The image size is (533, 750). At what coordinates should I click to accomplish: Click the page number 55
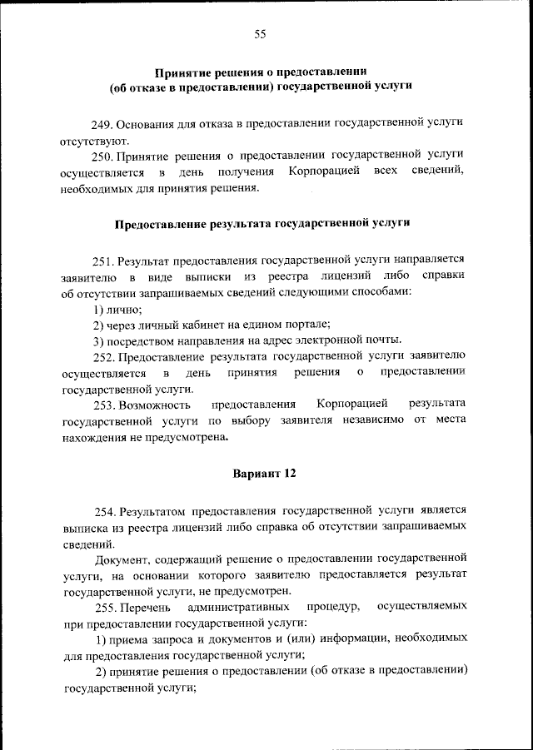(x=260, y=34)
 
